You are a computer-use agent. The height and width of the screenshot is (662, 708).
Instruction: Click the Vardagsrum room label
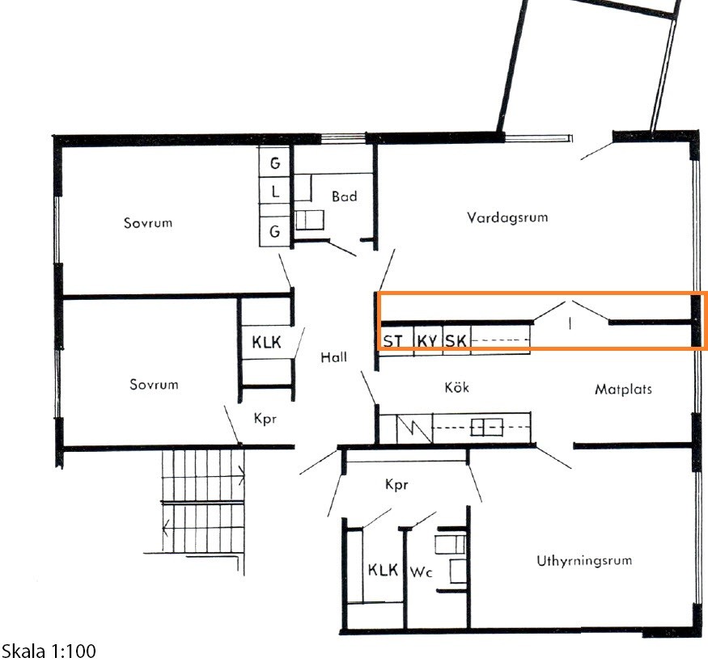point(507,217)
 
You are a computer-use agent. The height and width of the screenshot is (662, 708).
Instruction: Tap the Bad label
point(344,196)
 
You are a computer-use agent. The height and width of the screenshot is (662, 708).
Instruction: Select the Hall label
point(333,357)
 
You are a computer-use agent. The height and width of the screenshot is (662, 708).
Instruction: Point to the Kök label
point(456,387)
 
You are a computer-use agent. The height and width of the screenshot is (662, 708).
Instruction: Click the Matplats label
point(623,389)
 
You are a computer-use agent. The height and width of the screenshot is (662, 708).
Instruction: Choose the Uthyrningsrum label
point(584,560)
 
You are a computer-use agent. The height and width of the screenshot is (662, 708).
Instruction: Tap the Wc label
point(421,572)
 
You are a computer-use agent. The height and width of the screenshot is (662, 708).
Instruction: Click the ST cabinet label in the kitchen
point(392,341)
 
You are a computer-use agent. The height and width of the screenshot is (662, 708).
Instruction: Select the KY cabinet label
point(427,341)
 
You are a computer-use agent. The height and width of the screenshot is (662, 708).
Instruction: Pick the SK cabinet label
point(456,341)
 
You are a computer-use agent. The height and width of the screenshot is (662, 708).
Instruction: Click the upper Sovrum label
point(148,223)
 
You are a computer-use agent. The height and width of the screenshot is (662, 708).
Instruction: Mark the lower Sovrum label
point(154,384)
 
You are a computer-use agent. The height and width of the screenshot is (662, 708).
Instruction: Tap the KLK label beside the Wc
point(383,570)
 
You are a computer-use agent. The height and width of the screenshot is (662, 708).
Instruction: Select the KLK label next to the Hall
point(266,342)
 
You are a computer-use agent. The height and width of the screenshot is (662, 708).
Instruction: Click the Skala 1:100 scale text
point(49,651)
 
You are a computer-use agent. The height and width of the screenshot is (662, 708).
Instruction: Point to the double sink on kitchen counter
point(487,427)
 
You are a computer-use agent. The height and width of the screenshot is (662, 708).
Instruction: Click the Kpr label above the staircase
point(265,419)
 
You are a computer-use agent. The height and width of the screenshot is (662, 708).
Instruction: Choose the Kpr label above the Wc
point(396,484)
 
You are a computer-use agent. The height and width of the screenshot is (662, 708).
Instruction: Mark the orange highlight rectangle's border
point(541,293)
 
